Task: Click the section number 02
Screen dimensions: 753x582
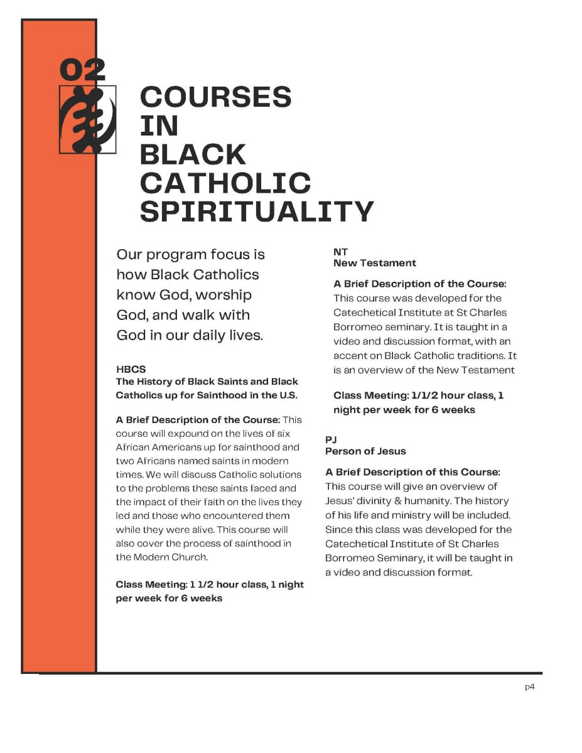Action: tap(82, 70)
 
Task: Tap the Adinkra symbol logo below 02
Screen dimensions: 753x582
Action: tap(88, 119)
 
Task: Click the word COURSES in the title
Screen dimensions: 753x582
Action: tap(215, 97)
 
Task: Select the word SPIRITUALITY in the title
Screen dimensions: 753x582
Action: tap(256, 211)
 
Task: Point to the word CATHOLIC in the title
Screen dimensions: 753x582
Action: tap(225, 183)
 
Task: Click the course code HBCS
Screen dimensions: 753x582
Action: tap(131, 370)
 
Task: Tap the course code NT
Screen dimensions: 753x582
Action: tap(340, 252)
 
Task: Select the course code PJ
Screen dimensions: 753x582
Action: tap(331, 440)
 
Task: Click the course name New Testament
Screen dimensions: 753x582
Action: tap(374, 263)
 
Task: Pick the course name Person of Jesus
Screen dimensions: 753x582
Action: tap(365, 451)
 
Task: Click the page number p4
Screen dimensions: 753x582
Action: tap(529, 687)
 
